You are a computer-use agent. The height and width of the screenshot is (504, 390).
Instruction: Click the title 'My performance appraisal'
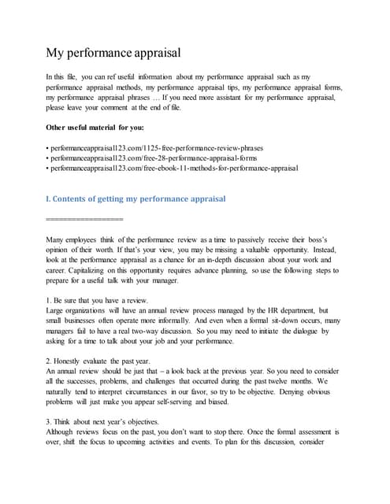113,53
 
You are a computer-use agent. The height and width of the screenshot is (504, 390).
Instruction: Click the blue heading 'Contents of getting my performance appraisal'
137,198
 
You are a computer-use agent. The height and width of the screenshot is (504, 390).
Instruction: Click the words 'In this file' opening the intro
65,76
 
